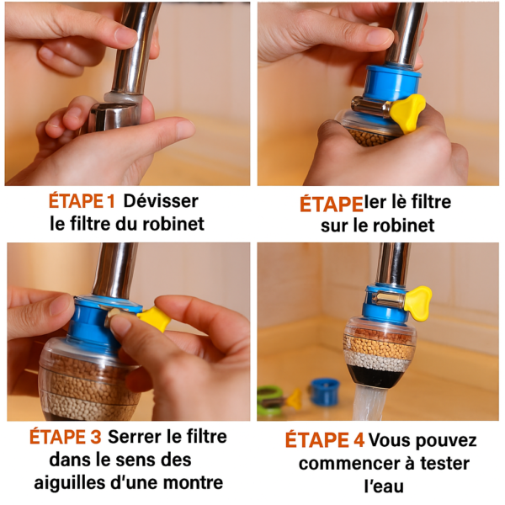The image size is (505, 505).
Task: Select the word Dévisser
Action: point(161,202)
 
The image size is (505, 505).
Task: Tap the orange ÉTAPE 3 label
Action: point(66,438)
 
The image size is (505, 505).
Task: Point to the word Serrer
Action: point(136,438)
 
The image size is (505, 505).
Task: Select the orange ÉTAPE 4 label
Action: point(323,440)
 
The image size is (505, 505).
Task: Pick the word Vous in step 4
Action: point(390,440)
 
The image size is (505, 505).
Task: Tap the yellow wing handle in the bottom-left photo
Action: point(153,317)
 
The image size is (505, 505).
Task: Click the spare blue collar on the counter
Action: point(324,390)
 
